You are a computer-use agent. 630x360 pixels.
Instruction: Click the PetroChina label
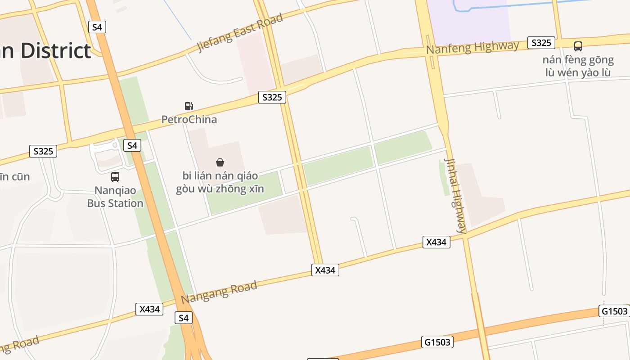189,119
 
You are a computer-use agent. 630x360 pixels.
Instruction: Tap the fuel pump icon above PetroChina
189,106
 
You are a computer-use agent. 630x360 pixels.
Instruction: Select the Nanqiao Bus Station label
115,197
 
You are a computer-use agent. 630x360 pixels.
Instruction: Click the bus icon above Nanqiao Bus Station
115,177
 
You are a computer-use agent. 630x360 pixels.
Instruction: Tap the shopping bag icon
220,162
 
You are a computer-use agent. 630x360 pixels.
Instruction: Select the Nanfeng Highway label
472,47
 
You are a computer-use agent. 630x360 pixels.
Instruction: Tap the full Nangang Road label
219,292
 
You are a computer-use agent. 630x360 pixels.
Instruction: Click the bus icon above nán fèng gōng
578,46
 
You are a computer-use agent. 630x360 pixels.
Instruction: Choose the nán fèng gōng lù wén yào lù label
578,66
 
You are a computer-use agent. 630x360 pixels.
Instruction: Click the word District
56,51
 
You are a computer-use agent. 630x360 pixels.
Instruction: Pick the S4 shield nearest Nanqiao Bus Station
132,145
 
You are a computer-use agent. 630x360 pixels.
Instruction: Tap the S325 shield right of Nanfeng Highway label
541,43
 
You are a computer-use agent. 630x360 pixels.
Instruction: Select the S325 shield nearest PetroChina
272,97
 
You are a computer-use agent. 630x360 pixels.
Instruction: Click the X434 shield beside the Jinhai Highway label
436,242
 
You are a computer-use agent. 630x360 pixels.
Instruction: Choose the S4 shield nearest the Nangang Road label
183,318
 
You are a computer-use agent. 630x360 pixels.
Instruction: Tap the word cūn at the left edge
21,176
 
